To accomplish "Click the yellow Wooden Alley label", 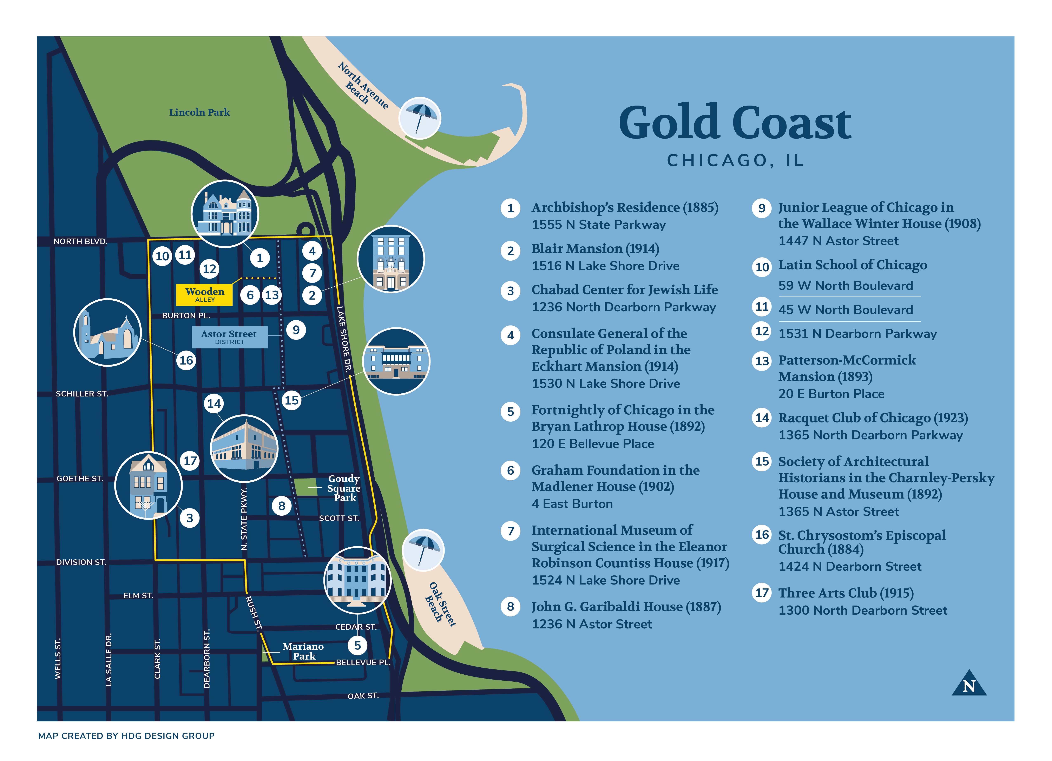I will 205,294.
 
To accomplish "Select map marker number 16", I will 186,360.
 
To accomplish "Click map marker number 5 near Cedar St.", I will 357,645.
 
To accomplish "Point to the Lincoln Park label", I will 199,112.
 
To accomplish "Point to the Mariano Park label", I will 303,651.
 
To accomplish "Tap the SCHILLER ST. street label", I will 82,394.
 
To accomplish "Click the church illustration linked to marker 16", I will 108,333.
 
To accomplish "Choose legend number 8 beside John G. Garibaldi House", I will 510,607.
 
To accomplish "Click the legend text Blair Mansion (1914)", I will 595,249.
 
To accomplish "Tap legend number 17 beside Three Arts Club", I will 762,593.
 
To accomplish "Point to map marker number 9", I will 296,330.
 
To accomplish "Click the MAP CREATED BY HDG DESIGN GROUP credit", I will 126,736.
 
